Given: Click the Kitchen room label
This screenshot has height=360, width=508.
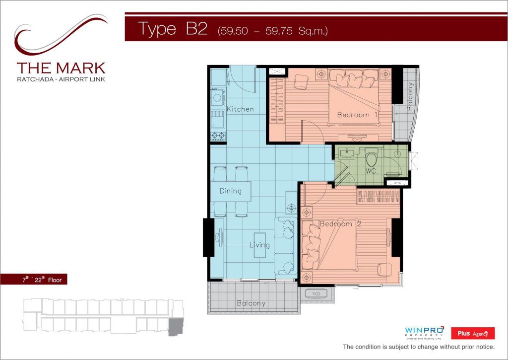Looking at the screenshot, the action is (x=240, y=109).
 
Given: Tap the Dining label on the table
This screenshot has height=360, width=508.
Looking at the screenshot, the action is (x=231, y=191).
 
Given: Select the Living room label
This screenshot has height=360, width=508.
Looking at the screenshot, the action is (x=259, y=245).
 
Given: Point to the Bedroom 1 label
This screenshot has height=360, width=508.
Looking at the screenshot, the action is (x=357, y=115).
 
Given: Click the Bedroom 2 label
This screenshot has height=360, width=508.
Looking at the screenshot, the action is (x=340, y=224).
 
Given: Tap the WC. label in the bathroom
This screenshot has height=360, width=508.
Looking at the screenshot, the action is (x=372, y=171).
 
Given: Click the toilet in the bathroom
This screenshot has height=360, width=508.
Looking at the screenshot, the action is (x=371, y=156).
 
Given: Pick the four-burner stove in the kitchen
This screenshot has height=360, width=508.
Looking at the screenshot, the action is (x=218, y=136).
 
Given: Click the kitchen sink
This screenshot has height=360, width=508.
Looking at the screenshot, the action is (x=218, y=119).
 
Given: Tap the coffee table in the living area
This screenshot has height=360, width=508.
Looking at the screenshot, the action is (x=260, y=245).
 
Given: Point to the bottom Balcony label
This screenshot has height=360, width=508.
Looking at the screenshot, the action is (x=251, y=303).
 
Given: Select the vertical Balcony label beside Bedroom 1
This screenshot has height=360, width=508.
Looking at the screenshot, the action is (x=410, y=96).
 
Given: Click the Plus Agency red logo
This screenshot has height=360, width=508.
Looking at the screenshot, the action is (x=473, y=333).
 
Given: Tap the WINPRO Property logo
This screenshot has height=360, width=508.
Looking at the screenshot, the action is (x=424, y=333).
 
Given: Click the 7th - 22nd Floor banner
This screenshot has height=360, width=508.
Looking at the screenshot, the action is (x=34, y=280).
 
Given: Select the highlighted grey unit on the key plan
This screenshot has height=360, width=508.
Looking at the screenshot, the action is (x=176, y=327).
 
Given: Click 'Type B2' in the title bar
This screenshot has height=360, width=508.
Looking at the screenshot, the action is (x=173, y=28).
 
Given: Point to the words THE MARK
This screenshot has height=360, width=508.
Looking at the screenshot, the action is (x=61, y=68).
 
